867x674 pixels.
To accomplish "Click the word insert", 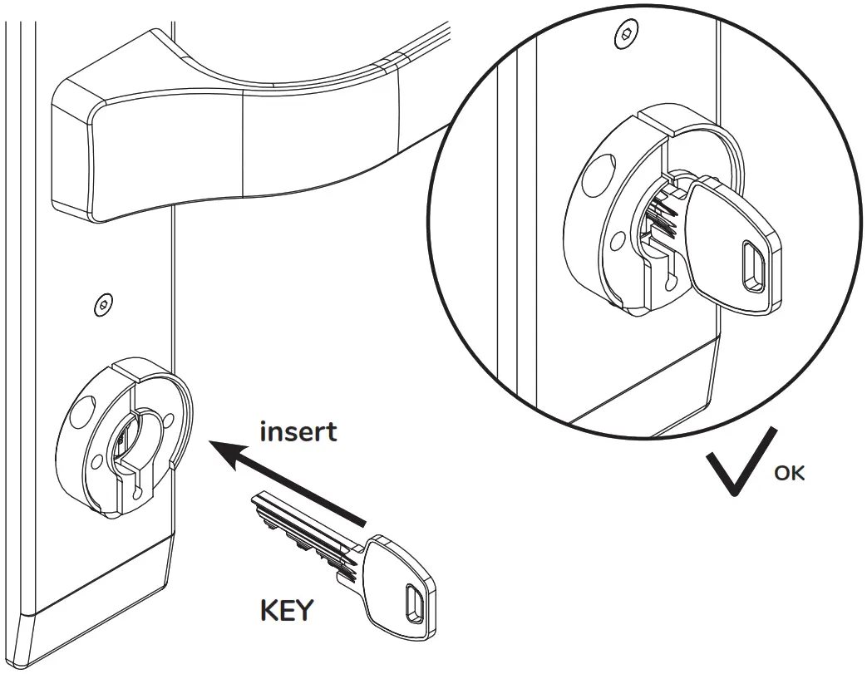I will [298, 432].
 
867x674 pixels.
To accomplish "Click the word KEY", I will [287, 611].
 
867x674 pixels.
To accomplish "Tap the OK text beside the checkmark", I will [789, 474].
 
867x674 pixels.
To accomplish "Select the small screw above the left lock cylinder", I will [101, 304].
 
